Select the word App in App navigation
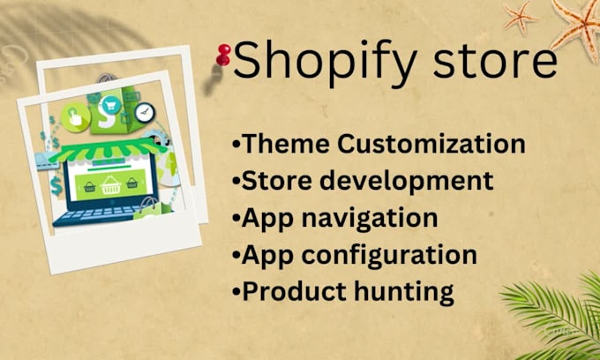tap(265, 218)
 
